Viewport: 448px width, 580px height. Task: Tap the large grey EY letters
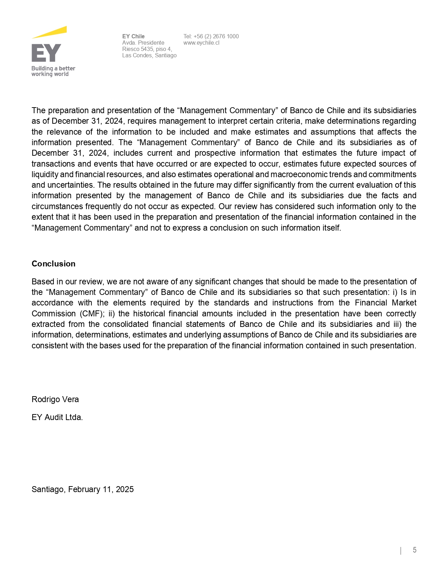pos(46,53)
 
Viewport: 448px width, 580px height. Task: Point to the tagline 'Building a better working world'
pos(53,71)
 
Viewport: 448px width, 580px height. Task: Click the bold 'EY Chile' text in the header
pos(133,36)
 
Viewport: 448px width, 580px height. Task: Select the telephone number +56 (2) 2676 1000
pos(216,36)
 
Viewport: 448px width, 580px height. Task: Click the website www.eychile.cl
pos(201,43)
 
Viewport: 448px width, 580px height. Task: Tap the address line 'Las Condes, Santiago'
pos(149,55)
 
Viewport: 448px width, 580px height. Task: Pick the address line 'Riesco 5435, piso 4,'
pos(147,49)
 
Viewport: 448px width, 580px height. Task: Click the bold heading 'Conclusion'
pos(53,264)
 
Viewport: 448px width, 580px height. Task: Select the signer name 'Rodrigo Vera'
pos(55,399)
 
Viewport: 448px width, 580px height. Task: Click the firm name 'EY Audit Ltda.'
pos(57,417)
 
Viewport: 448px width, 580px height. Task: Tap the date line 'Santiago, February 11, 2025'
pos(83,489)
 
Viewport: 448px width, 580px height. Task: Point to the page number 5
pos(415,550)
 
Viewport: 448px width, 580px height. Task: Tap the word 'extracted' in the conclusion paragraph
pos(48,324)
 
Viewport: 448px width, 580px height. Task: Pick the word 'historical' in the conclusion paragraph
pos(149,314)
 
